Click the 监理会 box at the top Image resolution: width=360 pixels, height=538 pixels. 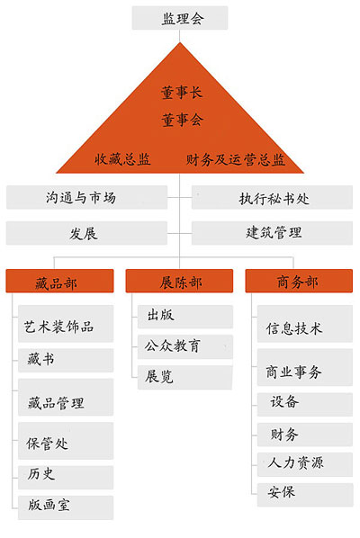coord(180,18)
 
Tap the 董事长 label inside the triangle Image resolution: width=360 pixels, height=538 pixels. coord(182,93)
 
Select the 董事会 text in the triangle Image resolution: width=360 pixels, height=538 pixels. coord(182,120)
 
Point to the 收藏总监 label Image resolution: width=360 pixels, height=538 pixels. coord(122,159)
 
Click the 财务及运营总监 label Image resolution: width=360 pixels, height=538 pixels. coord(236,160)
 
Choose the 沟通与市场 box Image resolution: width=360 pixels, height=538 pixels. coord(86,197)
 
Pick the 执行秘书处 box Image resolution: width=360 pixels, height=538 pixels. coord(272,197)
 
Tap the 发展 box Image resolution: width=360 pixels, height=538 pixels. coord(86,233)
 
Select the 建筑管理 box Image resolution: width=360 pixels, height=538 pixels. coord(272,233)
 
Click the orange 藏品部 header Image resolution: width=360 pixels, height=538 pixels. coord(59,281)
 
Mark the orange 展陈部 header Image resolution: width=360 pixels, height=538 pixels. coord(179,281)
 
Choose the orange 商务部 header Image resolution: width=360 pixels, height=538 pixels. coord(299,281)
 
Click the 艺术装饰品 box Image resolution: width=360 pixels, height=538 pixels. coord(66,324)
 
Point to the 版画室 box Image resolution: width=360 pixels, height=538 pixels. coord(66,507)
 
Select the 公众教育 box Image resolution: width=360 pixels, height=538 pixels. coord(185,347)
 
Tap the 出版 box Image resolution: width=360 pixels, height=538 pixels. coord(185,317)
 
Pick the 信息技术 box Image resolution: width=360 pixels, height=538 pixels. coord(305,324)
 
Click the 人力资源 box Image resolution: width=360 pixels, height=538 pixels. coord(305,464)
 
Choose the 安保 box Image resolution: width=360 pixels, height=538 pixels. coord(305,495)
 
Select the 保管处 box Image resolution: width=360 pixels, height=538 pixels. coord(66,441)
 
